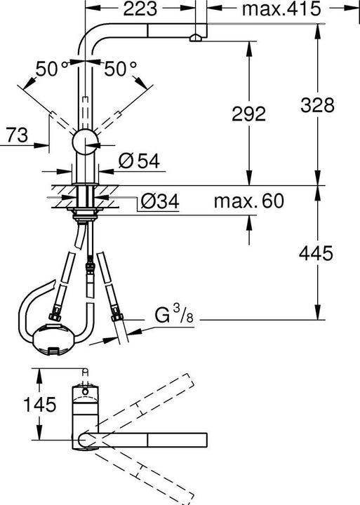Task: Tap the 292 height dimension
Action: (x=247, y=114)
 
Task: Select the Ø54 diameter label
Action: (x=138, y=161)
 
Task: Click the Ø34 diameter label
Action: (x=159, y=203)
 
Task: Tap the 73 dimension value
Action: (x=17, y=135)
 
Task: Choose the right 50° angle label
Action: (x=120, y=69)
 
